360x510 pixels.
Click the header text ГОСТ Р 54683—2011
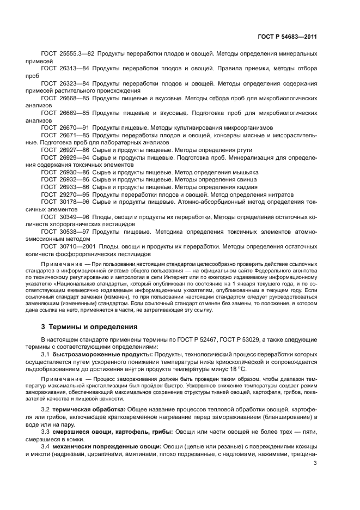pyautogui.click(x=287, y=37)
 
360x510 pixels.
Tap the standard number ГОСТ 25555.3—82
pyautogui.click(x=65, y=55)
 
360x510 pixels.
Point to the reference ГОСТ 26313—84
pyautogui.click(x=63, y=69)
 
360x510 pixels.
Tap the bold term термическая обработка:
pyautogui.click(x=89, y=409)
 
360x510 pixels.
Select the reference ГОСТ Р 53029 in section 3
pyautogui.click(x=239, y=339)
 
